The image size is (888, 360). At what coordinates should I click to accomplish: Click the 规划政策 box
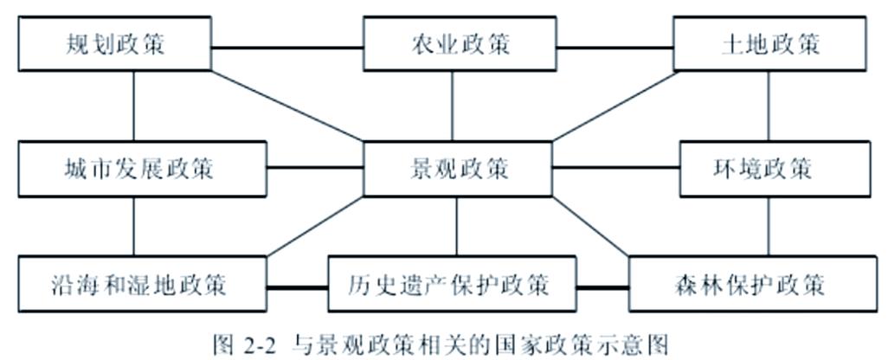coord(114,43)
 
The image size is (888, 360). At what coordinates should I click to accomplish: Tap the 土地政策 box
coord(769,43)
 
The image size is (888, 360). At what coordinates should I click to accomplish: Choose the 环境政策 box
coord(769,168)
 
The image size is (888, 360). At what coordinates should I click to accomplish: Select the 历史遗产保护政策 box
coord(450,284)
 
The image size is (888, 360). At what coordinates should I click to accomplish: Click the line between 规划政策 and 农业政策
coord(286,46)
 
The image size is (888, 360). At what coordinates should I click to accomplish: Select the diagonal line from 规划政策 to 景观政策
coord(286,106)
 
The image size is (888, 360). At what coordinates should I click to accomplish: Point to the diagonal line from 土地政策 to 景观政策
coord(614,106)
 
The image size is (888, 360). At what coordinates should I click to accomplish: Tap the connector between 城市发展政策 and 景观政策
coord(315,166)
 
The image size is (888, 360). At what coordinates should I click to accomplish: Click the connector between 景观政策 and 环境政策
coord(615,167)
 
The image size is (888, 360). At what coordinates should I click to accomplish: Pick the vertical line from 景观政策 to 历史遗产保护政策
coord(457,226)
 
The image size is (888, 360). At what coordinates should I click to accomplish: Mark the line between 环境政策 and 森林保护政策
coord(769,226)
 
